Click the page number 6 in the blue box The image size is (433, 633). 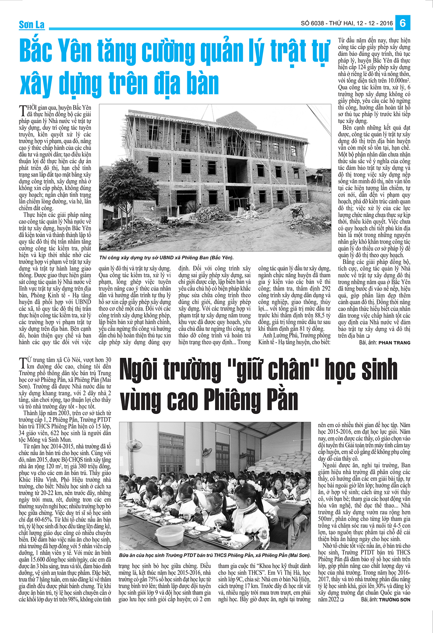(403, 23)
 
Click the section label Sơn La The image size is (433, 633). (32, 25)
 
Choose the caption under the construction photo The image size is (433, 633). (166, 257)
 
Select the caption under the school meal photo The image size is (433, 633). (215, 555)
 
